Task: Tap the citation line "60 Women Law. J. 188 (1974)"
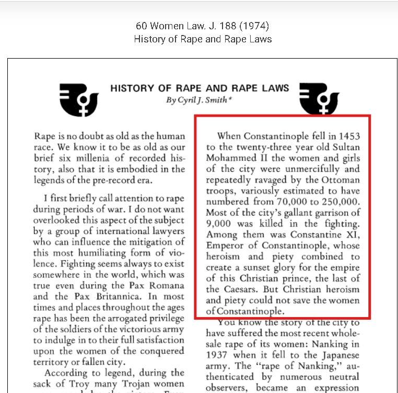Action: point(202,26)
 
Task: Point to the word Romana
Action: point(166,285)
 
